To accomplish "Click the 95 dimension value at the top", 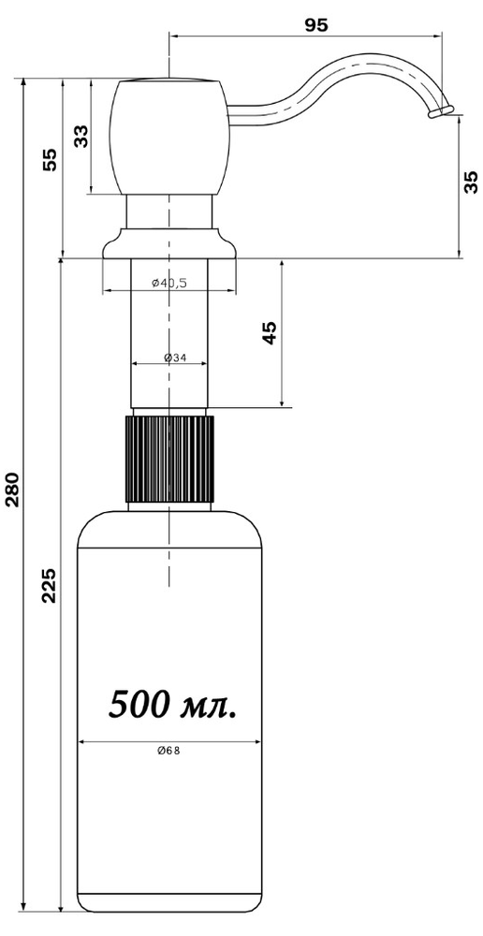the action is (x=316, y=24).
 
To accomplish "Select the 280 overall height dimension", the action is (x=12, y=489).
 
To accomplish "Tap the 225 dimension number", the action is (x=51, y=585).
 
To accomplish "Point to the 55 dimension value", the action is (x=51, y=159).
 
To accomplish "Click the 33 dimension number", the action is (x=80, y=136).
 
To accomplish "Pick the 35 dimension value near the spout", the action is (x=472, y=183).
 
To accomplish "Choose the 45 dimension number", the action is (x=270, y=333).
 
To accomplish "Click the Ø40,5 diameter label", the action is (x=169, y=283).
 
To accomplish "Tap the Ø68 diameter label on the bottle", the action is (x=169, y=752).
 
